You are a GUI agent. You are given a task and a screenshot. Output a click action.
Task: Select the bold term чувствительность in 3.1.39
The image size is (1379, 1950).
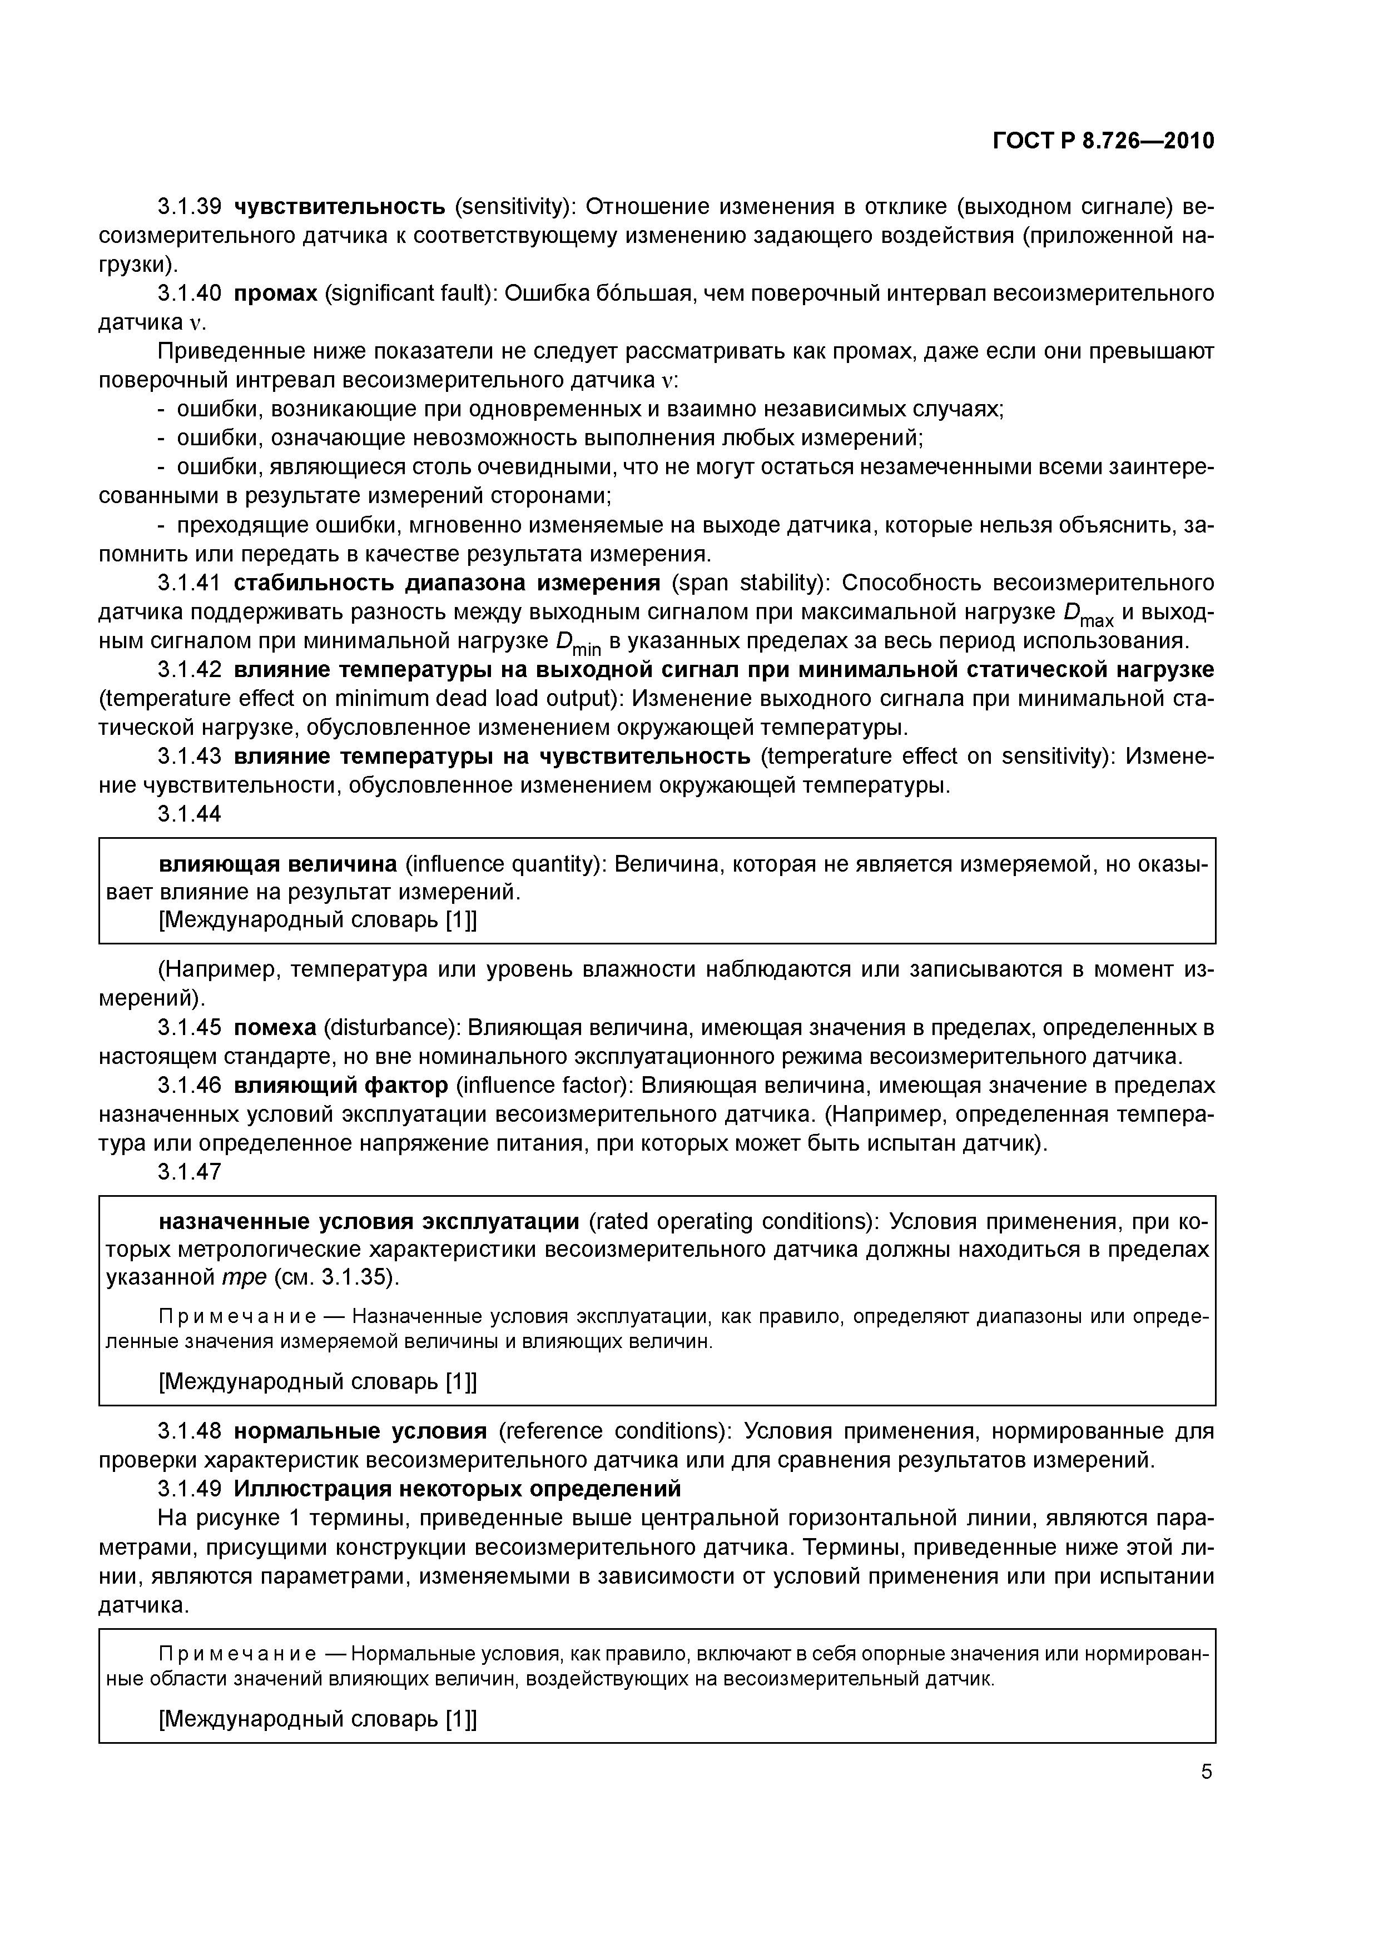point(339,206)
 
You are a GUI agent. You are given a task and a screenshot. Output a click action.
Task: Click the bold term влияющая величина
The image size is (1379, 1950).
point(278,864)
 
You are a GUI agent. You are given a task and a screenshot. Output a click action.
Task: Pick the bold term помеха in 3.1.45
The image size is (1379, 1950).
point(275,1028)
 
